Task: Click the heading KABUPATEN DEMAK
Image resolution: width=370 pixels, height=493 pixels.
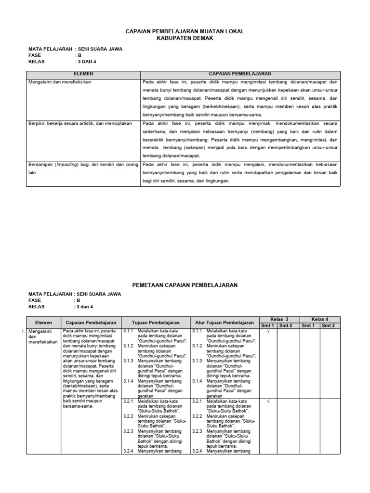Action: [x=185, y=38]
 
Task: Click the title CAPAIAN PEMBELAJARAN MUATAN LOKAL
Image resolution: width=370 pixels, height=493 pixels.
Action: [x=185, y=31]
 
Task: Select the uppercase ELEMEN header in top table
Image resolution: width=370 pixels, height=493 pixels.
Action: [x=83, y=74]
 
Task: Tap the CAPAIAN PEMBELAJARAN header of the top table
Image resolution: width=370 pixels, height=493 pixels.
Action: [x=239, y=74]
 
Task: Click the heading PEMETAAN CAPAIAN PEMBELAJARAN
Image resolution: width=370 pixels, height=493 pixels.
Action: [x=185, y=285]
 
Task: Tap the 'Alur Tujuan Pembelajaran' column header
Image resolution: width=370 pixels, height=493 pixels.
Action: [x=224, y=322]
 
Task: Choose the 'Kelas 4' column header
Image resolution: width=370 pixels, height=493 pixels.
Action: [x=320, y=319]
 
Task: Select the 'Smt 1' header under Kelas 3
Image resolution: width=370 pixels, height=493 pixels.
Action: [x=268, y=326]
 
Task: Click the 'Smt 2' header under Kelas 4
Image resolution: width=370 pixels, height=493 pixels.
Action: [x=330, y=326]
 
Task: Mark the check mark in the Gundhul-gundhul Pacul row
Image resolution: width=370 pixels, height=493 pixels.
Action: [x=268, y=332]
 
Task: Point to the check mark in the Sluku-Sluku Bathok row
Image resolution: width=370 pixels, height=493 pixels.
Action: [x=268, y=401]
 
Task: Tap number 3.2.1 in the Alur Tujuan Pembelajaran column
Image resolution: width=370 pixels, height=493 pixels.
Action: [x=197, y=401]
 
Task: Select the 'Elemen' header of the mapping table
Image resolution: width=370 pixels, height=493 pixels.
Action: [x=43, y=322]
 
